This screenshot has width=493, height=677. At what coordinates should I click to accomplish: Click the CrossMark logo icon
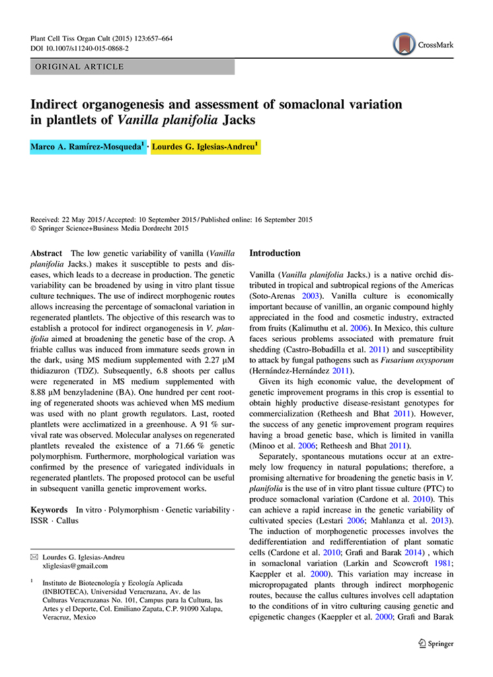(404, 44)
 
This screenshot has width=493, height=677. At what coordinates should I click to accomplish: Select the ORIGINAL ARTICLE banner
(132, 67)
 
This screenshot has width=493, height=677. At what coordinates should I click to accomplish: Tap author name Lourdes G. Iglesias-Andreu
(206, 145)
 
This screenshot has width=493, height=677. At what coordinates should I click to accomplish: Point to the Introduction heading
(274, 253)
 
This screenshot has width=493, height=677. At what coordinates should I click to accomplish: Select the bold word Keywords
(50, 510)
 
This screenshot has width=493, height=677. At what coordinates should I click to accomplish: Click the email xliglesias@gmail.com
(75, 566)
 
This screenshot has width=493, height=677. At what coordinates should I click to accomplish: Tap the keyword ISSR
(42, 520)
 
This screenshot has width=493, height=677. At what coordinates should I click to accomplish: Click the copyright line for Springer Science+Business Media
(110, 229)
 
